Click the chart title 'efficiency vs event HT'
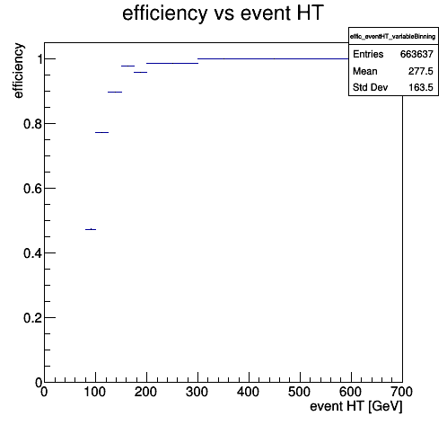tap(223, 13)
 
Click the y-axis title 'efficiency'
tap(18, 71)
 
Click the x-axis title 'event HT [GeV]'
tap(356, 407)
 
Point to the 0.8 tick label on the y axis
tap(32, 124)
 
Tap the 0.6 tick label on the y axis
tap(32, 189)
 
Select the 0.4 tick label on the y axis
tap(32, 253)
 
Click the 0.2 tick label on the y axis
tap(32, 318)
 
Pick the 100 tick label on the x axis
tap(95, 392)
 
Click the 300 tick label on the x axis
tap(197, 392)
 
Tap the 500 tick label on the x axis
tap(300, 392)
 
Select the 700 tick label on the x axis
tap(402, 392)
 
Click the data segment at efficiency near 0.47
tap(91, 229)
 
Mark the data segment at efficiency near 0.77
tap(101, 132)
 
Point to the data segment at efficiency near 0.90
tap(115, 92)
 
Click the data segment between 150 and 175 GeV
tap(127, 66)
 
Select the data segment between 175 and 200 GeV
tap(140, 72)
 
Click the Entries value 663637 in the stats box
tap(416, 54)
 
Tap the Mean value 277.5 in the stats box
tap(421, 71)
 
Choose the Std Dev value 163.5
tap(421, 87)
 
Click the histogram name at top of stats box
tap(393, 37)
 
